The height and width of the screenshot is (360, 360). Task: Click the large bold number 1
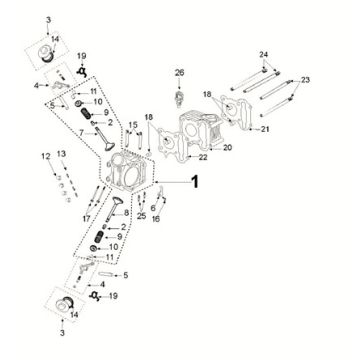(196, 182)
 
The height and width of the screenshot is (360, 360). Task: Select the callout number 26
(180, 73)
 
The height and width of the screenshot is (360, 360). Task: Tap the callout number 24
(264, 53)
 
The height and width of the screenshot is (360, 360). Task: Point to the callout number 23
(307, 79)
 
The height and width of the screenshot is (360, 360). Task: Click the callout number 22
(202, 157)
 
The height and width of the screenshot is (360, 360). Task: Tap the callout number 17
(86, 216)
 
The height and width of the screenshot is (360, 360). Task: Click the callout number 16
(158, 218)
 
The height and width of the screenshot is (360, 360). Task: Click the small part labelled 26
(180, 96)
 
